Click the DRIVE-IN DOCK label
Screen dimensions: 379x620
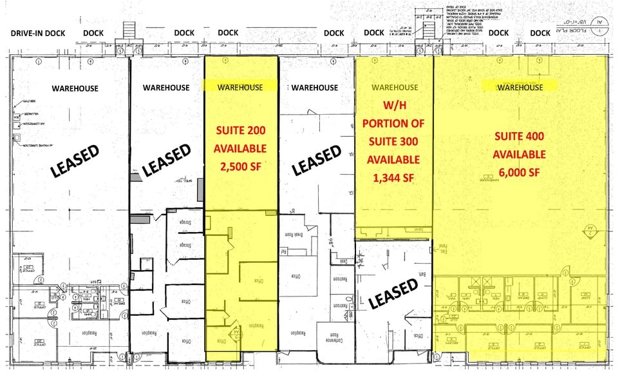39,33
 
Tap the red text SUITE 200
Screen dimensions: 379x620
240,130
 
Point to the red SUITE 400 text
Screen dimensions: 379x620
520,136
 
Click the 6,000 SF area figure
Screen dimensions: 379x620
520,173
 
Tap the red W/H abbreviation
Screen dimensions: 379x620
392,104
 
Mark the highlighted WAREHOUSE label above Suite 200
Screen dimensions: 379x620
240,87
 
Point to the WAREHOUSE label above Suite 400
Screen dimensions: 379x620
520,87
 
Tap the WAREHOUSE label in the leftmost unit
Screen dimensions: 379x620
75,88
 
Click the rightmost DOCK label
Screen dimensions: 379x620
540,33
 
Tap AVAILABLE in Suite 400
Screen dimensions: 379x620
520,155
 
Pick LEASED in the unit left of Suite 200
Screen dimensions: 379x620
166,159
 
